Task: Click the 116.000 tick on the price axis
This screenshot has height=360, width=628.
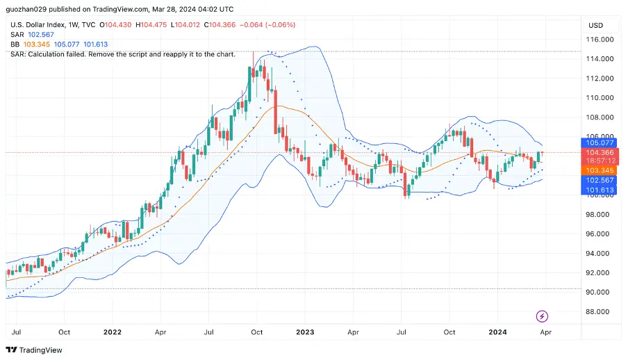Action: (x=600, y=40)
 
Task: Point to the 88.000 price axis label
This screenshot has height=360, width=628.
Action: (x=600, y=312)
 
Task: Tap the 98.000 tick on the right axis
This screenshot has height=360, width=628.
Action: (x=600, y=215)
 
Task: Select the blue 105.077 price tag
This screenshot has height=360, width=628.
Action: (x=599, y=142)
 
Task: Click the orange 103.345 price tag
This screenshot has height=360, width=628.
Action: (x=599, y=170)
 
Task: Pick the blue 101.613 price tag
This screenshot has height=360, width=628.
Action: (x=599, y=190)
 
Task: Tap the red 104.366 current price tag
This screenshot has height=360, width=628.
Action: (x=599, y=153)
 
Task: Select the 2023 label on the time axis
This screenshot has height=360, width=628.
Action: (x=304, y=332)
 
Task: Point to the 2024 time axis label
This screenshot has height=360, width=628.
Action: (x=497, y=332)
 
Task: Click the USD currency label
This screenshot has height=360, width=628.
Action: (x=595, y=25)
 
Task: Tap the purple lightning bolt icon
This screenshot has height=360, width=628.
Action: (x=543, y=317)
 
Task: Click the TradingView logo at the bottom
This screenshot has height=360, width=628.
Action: (x=34, y=350)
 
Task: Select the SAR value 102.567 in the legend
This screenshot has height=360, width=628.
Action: (x=41, y=35)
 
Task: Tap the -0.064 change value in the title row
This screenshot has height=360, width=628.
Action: (x=251, y=25)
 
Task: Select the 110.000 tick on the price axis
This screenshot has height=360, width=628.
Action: (x=600, y=98)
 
